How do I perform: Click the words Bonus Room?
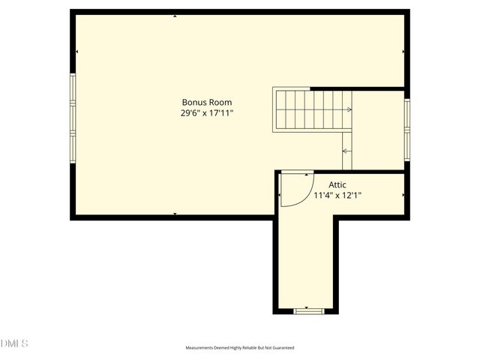[206, 102]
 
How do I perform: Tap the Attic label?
[337, 184]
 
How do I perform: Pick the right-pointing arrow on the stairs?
[348, 109]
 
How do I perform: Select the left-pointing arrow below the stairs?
[346, 151]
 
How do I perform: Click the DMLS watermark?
[14, 343]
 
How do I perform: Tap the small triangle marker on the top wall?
[175, 15]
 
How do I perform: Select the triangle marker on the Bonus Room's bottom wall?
[175, 214]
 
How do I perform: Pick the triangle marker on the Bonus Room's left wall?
[76, 52]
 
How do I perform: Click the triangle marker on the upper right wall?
[403, 52]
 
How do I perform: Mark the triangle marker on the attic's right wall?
[403, 195]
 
